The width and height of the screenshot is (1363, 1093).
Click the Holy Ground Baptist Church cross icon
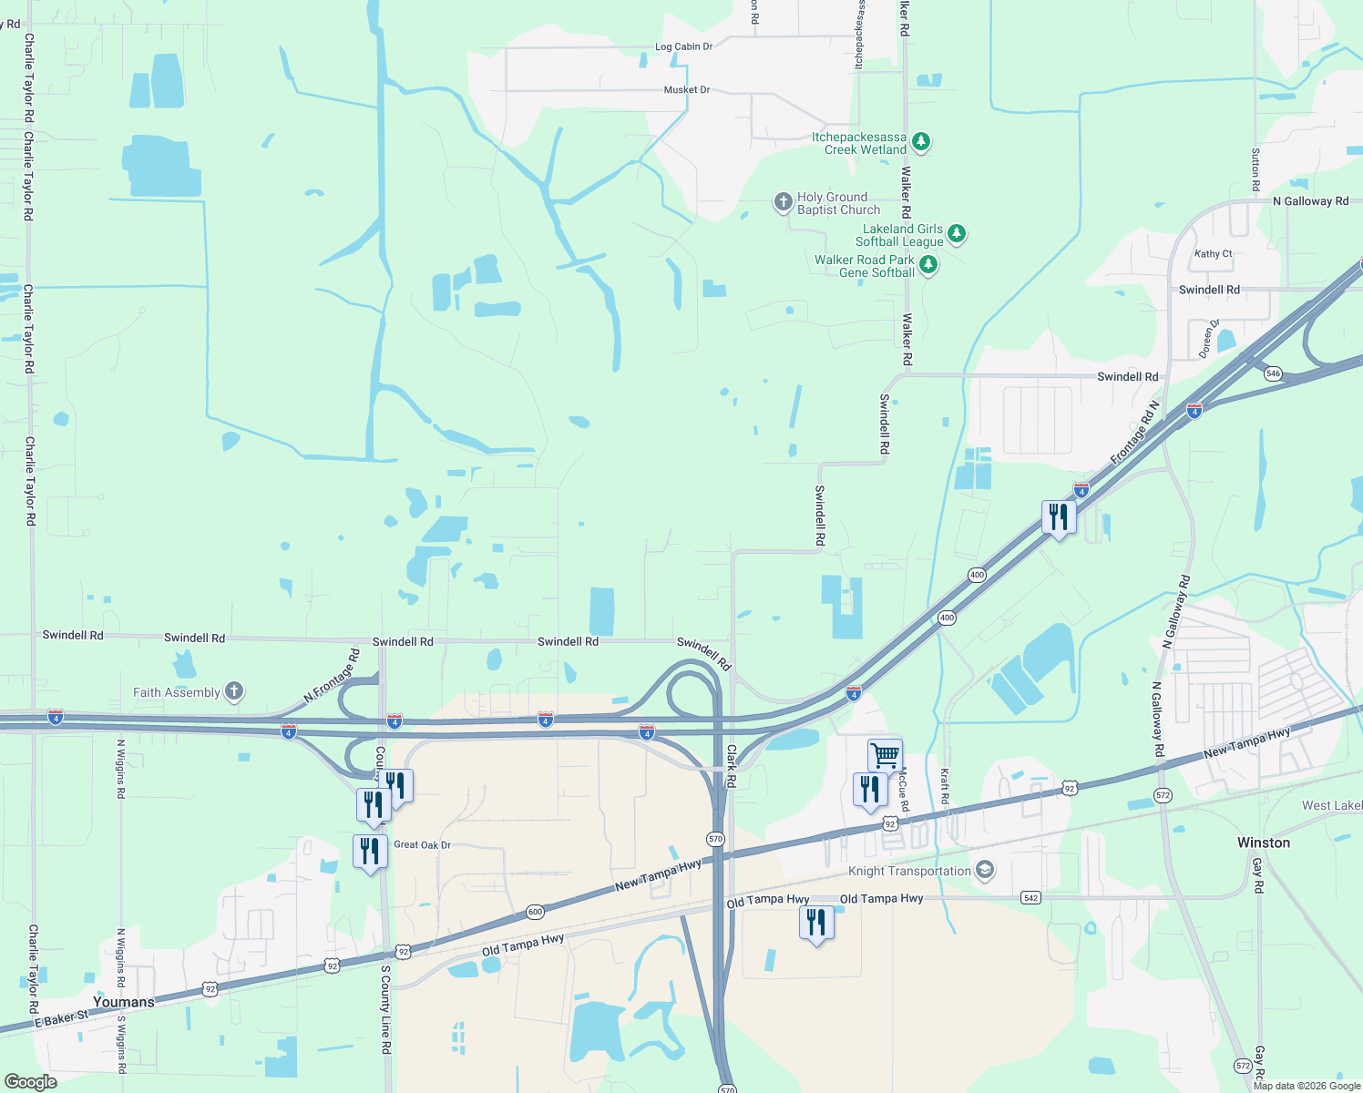click(783, 202)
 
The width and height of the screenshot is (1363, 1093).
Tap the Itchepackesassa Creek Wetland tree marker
click(921, 142)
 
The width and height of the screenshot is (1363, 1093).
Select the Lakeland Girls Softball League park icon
click(956, 234)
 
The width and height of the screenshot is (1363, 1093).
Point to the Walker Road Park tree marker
click(927, 265)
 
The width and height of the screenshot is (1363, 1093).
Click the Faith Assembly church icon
click(234, 691)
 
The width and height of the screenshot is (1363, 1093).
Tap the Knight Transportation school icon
click(984, 870)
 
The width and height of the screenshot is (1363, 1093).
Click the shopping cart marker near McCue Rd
click(885, 755)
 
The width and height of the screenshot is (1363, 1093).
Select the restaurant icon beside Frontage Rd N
click(1059, 517)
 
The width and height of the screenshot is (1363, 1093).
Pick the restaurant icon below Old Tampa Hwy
click(816, 923)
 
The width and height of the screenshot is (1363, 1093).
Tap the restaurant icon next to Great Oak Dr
click(370, 852)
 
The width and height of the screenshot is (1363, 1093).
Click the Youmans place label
click(124, 1002)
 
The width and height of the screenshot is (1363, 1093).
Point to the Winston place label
click(1263, 843)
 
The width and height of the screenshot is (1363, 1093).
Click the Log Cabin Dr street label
click(683, 46)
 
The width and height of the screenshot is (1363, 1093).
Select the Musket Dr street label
click(686, 90)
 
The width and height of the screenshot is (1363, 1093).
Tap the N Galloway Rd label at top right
click(1310, 201)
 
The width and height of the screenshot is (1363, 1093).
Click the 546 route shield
click(1273, 373)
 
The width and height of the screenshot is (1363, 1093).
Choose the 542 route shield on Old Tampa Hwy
click(1030, 897)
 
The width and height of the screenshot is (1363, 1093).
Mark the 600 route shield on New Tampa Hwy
click(535, 911)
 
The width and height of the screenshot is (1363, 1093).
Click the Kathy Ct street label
click(1213, 254)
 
